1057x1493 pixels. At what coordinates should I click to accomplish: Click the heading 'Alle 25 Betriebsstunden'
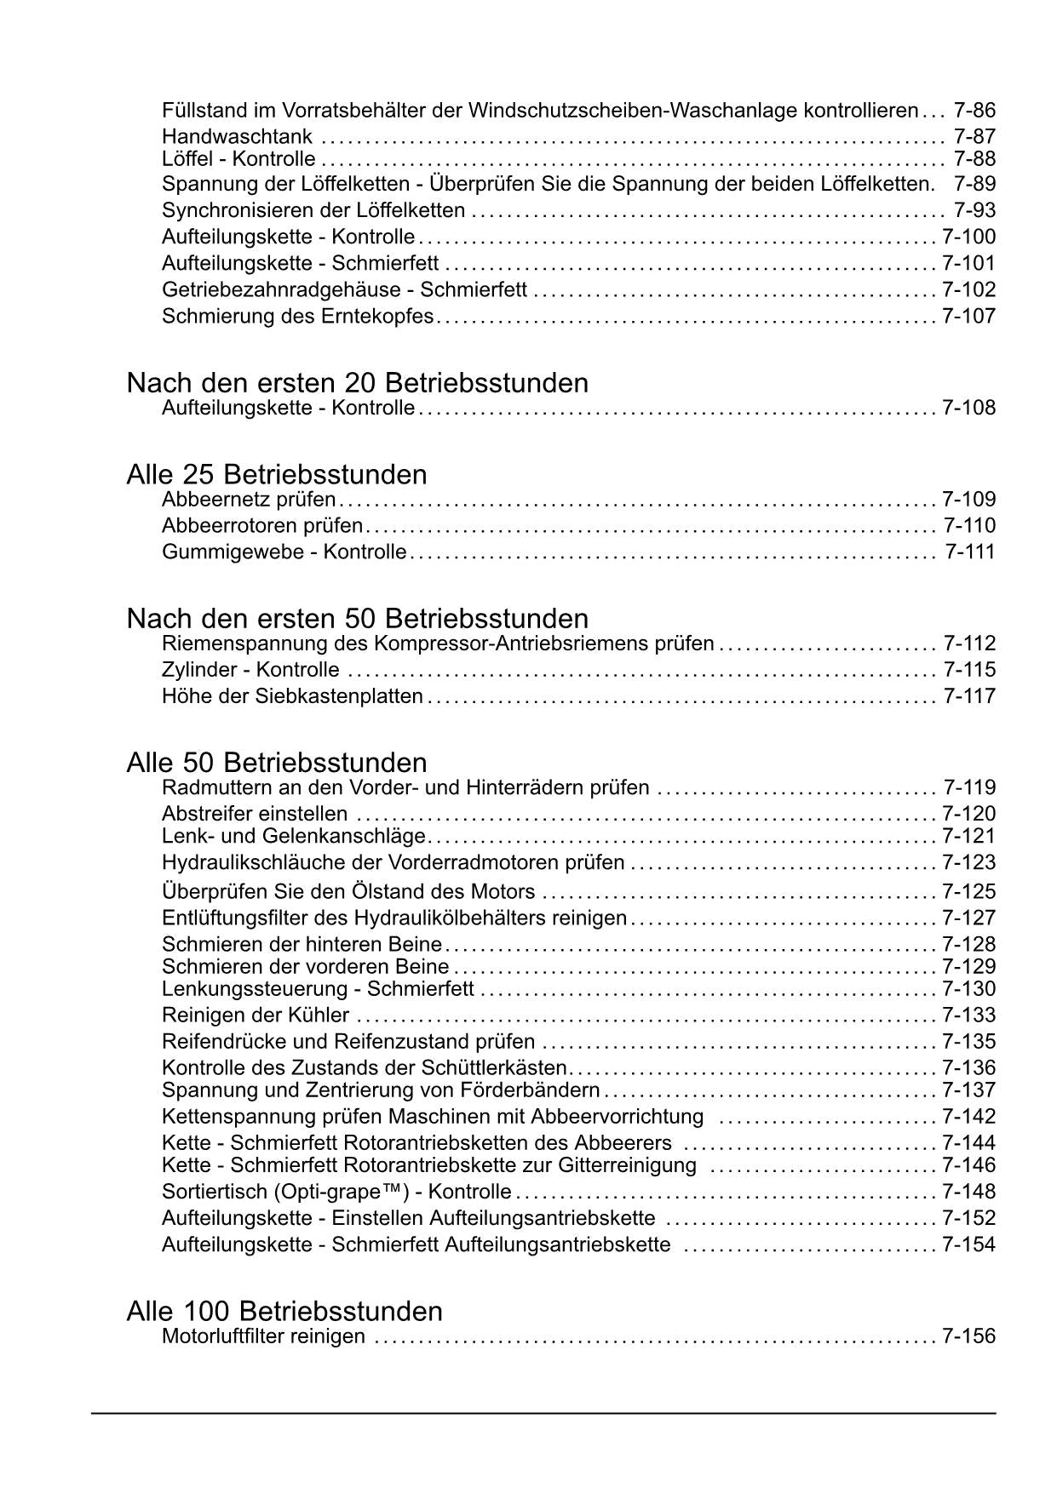276,474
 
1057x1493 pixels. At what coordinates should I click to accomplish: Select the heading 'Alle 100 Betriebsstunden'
284,1310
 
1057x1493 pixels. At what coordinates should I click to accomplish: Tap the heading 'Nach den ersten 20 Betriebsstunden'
357,383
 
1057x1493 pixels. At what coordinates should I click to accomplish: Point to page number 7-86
974,111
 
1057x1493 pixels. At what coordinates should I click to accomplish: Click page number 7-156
968,1336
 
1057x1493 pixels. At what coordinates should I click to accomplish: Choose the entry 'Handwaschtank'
237,137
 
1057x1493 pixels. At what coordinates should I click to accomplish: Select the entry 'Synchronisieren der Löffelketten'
313,210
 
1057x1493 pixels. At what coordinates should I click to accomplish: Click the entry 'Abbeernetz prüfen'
249,500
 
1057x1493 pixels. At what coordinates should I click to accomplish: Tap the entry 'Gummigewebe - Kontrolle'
284,552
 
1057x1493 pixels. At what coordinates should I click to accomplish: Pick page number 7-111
970,552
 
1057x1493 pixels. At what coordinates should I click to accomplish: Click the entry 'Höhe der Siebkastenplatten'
292,696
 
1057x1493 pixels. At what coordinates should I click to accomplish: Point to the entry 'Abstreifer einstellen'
255,814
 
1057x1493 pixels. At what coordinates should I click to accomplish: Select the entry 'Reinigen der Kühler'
256,1015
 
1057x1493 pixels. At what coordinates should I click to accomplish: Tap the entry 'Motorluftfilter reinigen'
263,1336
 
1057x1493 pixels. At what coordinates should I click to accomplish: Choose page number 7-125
968,892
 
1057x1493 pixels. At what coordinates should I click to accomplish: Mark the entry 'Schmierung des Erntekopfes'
297,317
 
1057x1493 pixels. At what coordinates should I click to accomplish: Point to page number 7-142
968,1117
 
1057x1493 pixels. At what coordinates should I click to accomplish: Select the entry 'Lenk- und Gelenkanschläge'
293,837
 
